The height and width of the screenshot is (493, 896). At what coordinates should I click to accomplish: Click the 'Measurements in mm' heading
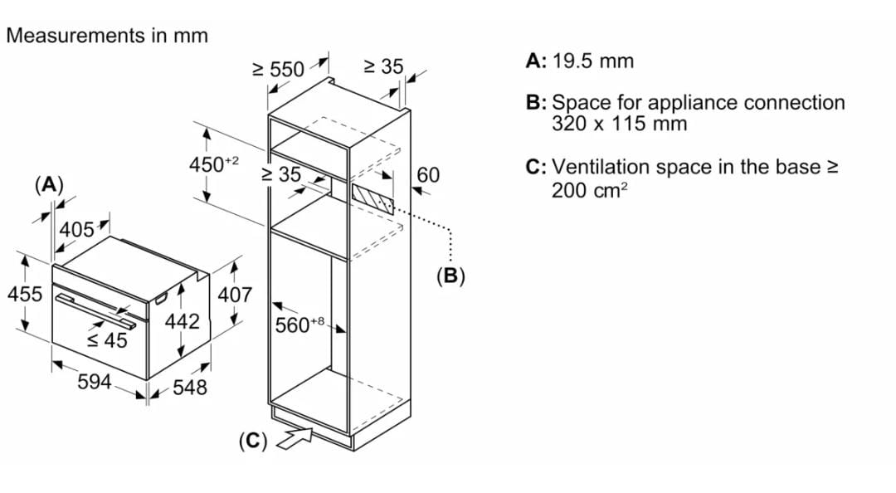coord(106,36)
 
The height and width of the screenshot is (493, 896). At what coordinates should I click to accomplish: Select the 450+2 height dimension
coord(213,164)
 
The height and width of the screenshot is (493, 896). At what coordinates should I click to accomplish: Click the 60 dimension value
coord(428,174)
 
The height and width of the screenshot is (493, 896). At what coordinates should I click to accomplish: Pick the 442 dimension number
coord(182,321)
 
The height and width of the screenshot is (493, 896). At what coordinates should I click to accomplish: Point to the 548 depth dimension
coord(190,388)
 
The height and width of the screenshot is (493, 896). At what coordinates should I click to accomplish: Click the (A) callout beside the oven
coord(49,183)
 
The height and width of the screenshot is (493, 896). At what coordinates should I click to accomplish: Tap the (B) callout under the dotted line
coord(450,276)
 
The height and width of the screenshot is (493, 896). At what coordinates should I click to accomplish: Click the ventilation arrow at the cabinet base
coord(295,437)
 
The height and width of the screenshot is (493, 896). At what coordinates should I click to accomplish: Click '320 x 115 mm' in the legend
coord(619,124)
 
